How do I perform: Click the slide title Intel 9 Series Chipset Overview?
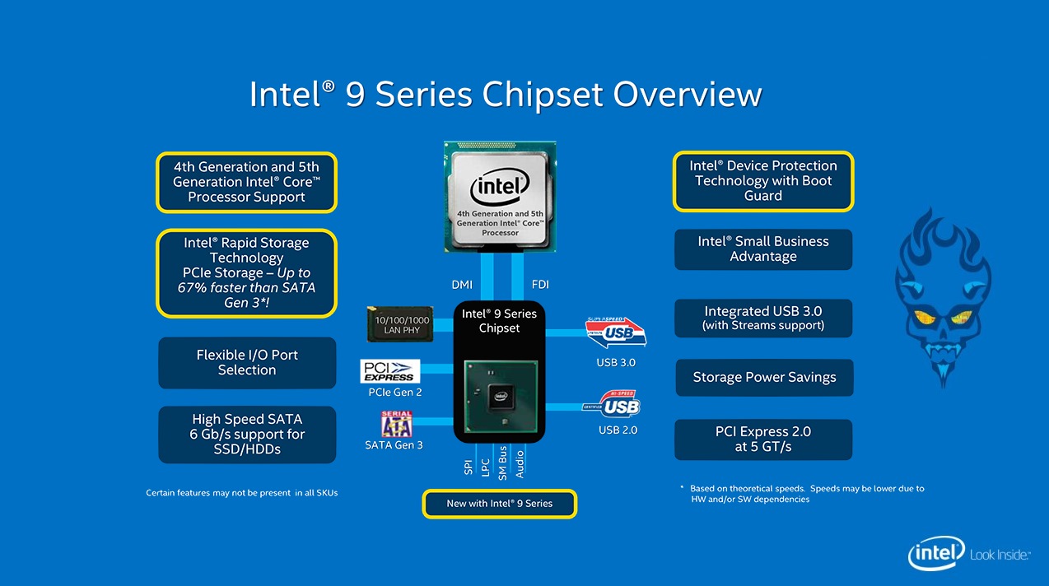[505, 94]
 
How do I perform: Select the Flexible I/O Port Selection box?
[247, 363]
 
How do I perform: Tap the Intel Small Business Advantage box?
[763, 249]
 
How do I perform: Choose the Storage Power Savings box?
[764, 378]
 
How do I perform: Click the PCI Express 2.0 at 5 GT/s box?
[763, 439]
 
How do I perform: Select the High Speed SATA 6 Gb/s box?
[247, 435]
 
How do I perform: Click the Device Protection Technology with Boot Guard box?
[763, 181]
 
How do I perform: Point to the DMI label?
[462, 285]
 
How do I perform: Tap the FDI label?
[540, 285]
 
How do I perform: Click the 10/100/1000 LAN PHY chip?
[402, 324]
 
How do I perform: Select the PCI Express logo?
[390, 371]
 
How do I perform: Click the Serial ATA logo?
[396, 424]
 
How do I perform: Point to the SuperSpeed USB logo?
[615, 333]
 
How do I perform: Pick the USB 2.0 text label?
[618, 430]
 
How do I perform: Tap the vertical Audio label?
[520, 463]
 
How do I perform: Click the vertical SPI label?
[469, 467]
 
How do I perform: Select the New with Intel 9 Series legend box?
[500, 504]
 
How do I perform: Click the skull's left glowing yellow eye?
[924, 317]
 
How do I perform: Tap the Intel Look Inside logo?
[968, 556]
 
